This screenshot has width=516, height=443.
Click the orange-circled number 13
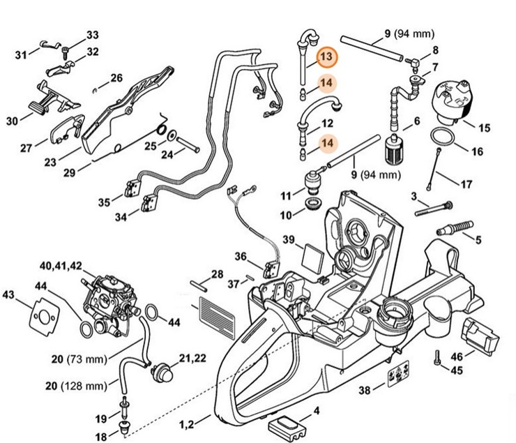(x=326, y=57)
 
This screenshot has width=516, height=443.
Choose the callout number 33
(x=93, y=35)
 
